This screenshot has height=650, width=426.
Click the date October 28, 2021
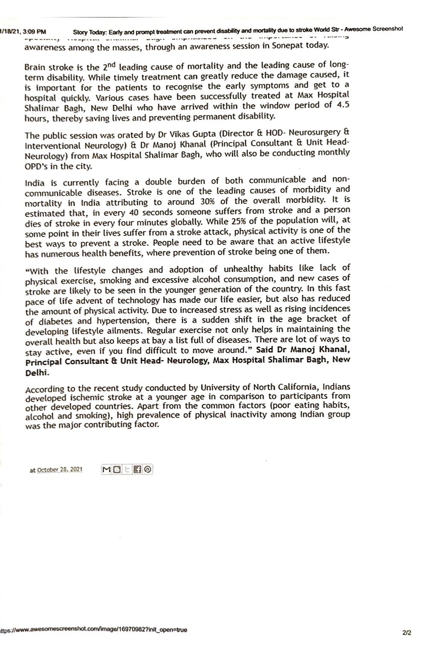click(x=60, y=469)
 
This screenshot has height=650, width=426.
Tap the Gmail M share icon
click(x=106, y=469)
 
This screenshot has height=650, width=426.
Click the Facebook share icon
click(x=137, y=469)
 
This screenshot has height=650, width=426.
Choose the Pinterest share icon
click(x=147, y=469)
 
